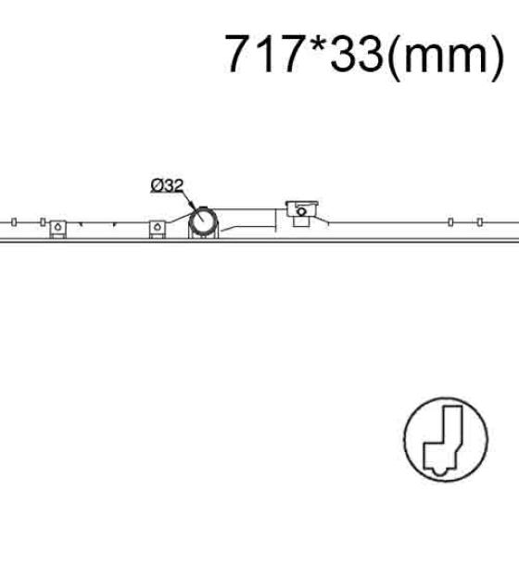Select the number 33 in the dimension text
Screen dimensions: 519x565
point(356,54)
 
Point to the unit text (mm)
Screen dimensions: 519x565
point(446,56)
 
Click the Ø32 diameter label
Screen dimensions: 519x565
point(167,186)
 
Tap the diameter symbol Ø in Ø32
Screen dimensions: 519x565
point(157,186)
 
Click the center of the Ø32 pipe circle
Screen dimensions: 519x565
point(203,221)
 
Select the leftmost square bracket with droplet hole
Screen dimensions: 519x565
point(57,229)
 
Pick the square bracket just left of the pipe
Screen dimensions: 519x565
point(158,229)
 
